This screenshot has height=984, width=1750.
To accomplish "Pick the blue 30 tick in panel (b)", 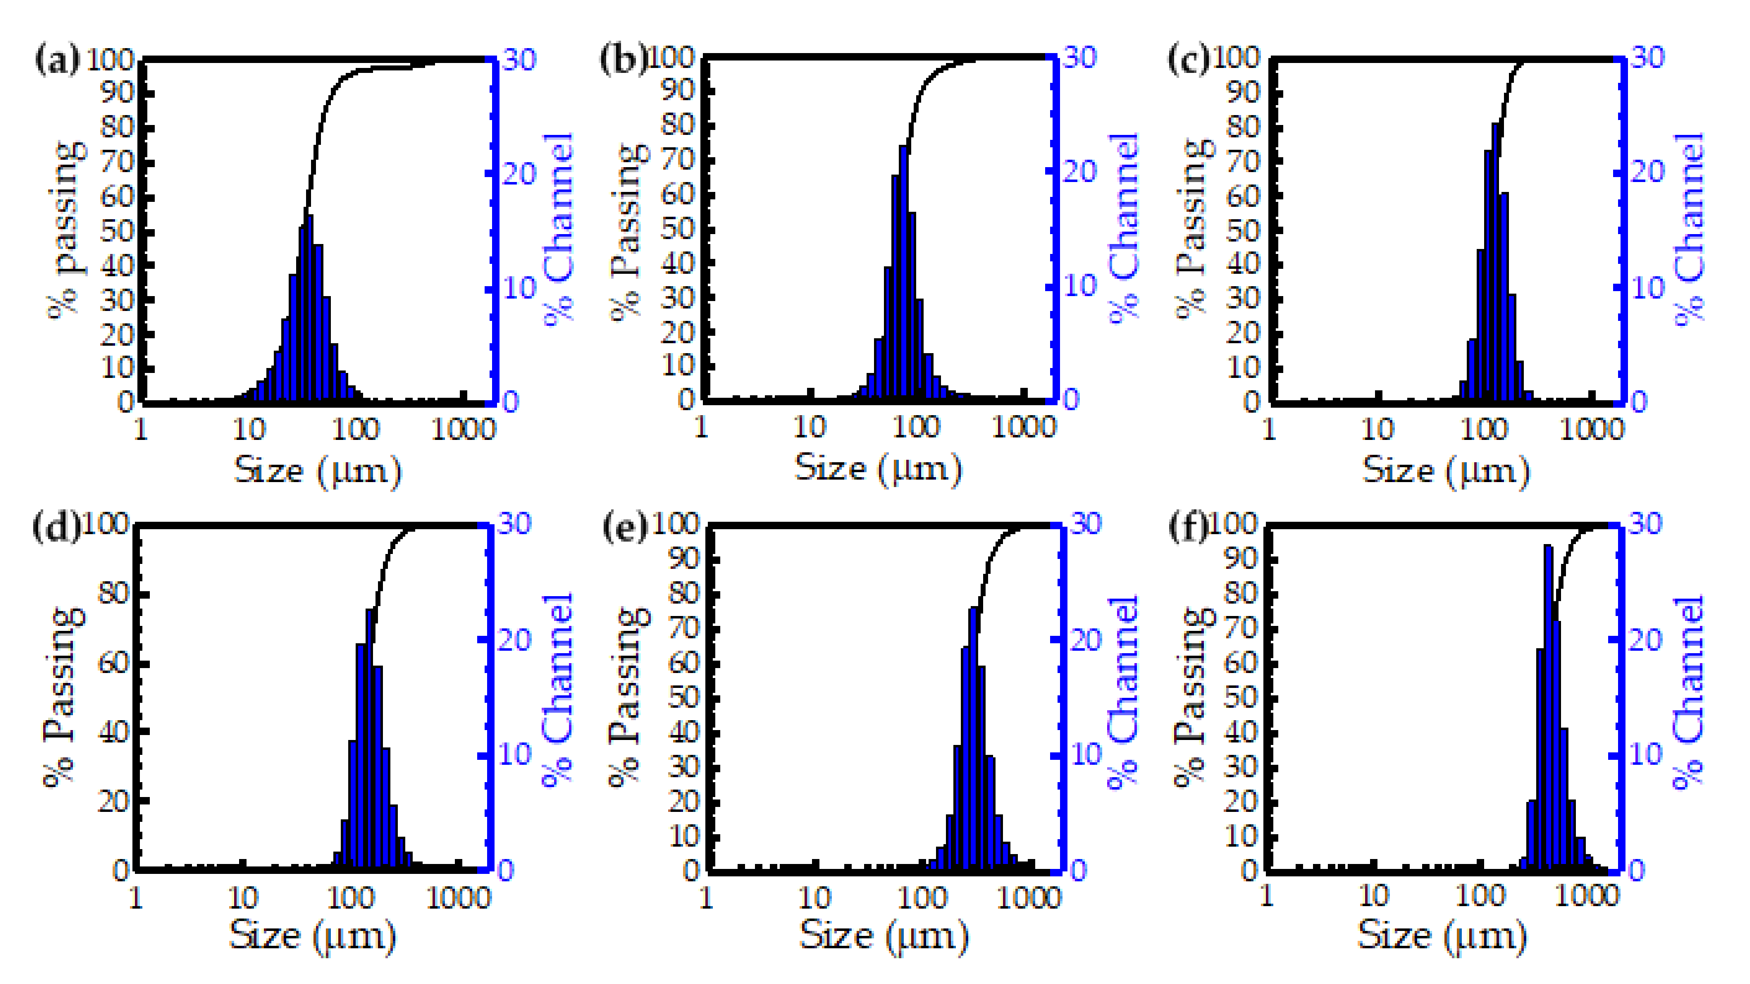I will (x=1080, y=58).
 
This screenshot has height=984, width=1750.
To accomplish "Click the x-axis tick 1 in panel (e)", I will (x=706, y=898).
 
